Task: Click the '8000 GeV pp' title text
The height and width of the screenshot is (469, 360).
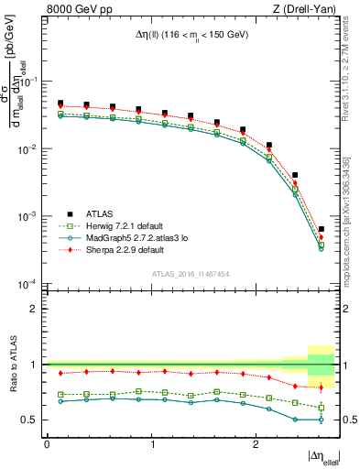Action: (81, 8)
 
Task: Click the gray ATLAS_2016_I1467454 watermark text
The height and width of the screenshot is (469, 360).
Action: (191, 274)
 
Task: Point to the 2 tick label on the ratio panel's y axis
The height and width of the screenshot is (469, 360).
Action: (38, 309)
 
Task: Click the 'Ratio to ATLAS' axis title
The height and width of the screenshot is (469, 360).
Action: (12, 365)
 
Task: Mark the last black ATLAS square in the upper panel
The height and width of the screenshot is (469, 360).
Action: (321, 229)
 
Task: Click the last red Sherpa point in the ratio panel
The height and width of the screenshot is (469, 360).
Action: (321, 387)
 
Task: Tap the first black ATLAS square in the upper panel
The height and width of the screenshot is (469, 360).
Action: (60, 104)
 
